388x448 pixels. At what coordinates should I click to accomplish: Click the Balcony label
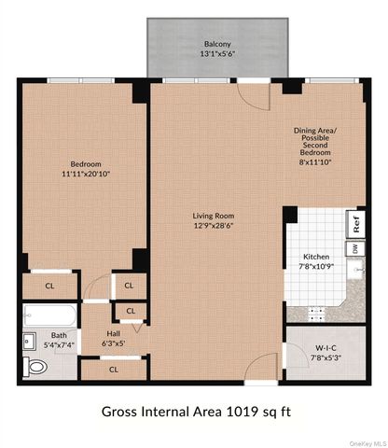tap(217, 44)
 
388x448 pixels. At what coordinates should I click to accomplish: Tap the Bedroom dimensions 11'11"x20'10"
tap(86, 174)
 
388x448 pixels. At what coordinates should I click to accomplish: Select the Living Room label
tap(214, 216)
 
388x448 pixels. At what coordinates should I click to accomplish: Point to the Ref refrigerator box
tap(356, 224)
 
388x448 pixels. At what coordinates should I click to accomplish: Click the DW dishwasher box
tap(356, 248)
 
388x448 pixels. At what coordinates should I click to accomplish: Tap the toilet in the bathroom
tap(35, 367)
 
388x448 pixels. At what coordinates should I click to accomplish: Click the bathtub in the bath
tap(49, 315)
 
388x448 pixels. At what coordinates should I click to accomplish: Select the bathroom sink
tap(30, 341)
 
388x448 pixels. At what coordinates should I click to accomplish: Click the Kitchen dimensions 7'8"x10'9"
tap(316, 267)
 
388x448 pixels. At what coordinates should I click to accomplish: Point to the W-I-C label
tap(326, 348)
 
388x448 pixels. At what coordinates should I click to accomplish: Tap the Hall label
tap(114, 334)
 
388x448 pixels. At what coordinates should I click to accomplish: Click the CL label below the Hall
tap(114, 370)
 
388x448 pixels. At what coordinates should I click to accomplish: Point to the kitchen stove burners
tap(315, 315)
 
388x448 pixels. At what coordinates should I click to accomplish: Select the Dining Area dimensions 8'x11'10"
tap(315, 162)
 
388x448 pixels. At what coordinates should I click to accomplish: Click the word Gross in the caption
tap(119, 412)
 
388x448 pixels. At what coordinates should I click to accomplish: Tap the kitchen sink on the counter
tap(356, 269)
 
